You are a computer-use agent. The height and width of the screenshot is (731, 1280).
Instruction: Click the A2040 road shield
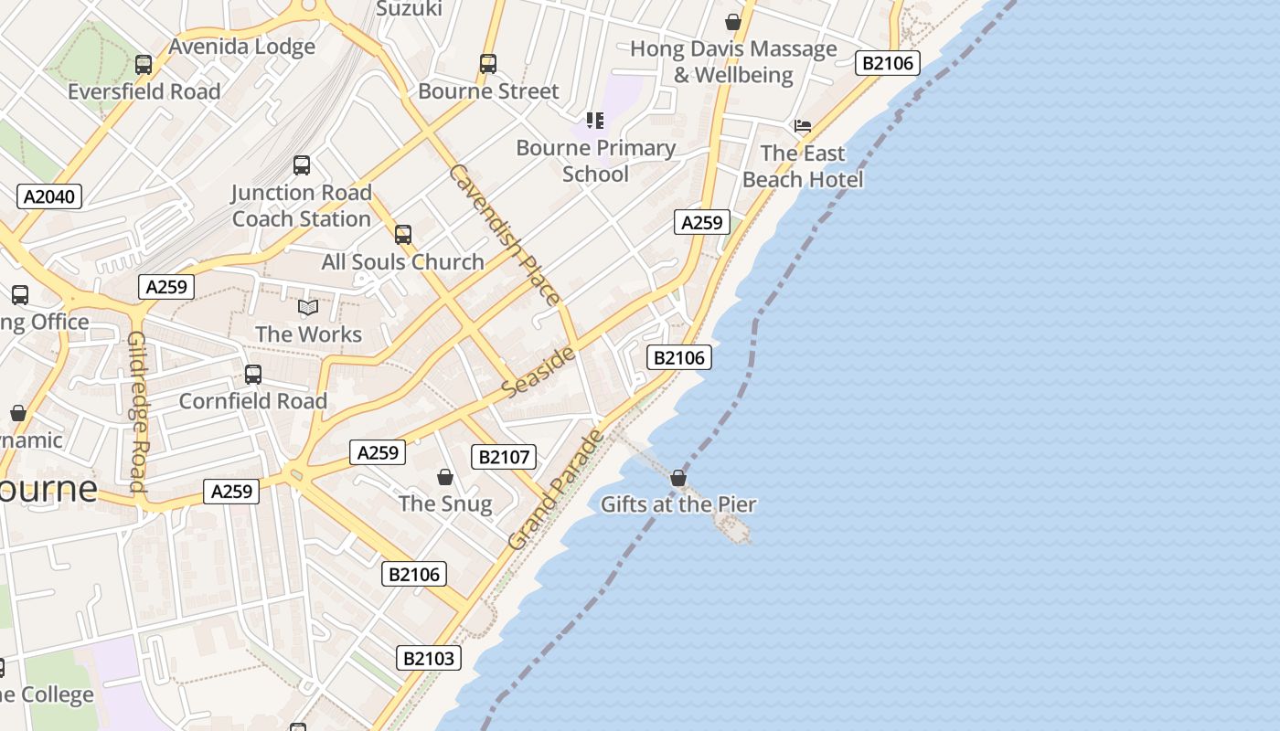pyautogui.click(x=49, y=196)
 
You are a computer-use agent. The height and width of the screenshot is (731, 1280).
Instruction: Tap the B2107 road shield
pyautogui.click(x=503, y=457)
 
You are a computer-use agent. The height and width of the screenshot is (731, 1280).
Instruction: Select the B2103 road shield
pyautogui.click(x=429, y=658)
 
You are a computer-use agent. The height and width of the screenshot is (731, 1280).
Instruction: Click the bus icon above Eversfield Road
pyautogui.click(x=144, y=65)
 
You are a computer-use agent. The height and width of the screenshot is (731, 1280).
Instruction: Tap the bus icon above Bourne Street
pyautogui.click(x=488, y=64)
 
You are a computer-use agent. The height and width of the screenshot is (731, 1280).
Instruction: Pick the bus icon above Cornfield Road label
pyautogui.click(x=253, y=375)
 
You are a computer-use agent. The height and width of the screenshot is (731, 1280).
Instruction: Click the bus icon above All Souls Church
pyautogui.click(x=403, y=235)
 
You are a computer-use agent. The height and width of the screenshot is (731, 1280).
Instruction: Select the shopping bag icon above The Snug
pyautogui.click(x=445, y=477)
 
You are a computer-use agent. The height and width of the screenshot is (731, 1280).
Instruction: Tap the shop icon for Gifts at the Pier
pyautogui.click(x=678, y=478)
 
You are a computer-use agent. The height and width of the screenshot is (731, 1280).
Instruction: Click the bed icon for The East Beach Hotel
pyautogui.click(x=803, y=126)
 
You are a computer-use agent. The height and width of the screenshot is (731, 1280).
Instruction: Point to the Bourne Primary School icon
pyautogui.click(x=595, y=121)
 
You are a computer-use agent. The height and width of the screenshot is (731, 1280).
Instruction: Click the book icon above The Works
pyautogui.click(x=308, y=308)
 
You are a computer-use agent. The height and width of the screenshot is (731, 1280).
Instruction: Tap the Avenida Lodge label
pyautogui.click(x=242, y=47)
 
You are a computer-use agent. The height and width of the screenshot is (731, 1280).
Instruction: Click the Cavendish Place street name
pyautogui.click(x=503, y=235)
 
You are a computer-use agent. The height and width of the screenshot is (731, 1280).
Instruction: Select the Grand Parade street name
pyautogui.click(x=557, y=490)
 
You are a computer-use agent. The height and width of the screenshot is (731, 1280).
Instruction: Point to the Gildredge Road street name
pyautogui.click(x=137, y=411)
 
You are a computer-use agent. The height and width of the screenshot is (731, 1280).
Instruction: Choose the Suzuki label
pyautogui.click(x=410, y=9)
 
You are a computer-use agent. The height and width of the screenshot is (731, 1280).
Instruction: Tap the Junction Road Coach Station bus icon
pyautogui.click(x=302, y=165)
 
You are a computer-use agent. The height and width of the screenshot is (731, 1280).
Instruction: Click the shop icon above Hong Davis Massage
pyautogui.click(x=733, y=22)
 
